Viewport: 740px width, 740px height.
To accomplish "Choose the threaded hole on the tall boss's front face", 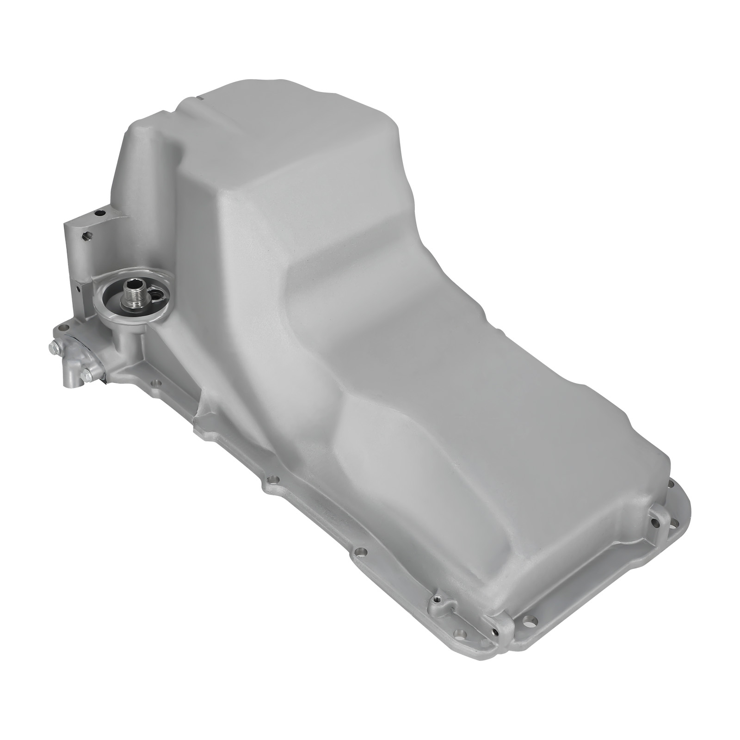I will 86,236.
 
